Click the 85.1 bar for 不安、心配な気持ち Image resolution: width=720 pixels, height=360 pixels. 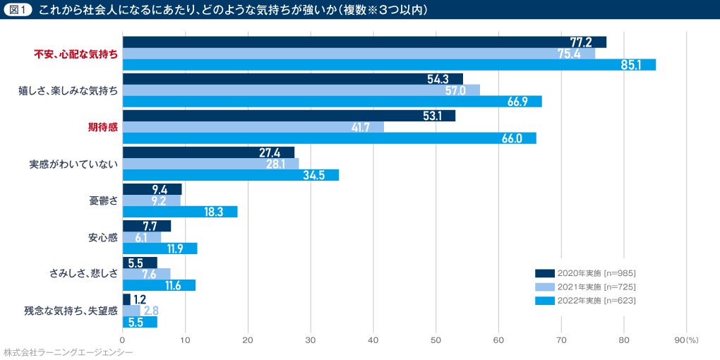point(389,65)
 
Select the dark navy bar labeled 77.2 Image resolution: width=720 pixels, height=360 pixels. point(364,42)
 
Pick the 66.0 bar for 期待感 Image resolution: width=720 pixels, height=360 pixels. point(330,138)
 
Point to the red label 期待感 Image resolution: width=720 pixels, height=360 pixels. point(102,127)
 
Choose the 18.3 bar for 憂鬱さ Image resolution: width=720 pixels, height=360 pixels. point(180,212)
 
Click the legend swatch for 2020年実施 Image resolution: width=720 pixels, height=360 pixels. point(544,272)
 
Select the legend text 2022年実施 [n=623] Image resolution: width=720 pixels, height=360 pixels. point(596,301)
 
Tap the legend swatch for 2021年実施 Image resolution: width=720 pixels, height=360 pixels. point(544,287)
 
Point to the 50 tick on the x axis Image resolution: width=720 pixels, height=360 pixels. point(436,340)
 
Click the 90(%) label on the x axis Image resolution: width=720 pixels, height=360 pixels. point(686,340)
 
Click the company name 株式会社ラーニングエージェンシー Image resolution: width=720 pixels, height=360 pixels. point(68,352)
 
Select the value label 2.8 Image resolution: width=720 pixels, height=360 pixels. point(151,311)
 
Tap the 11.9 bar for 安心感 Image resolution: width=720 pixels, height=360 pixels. point(160,248)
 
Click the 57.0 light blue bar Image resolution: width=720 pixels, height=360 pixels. point(301,90)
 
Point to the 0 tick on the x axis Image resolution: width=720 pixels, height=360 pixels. point(123,340)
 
